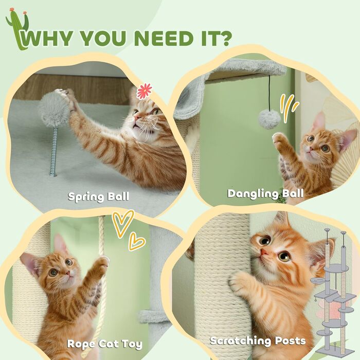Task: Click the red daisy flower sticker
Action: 144,91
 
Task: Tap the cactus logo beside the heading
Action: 18,28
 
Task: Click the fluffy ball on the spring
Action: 53,110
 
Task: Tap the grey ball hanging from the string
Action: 270,119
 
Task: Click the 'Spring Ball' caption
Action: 99,197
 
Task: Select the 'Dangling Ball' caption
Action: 266,193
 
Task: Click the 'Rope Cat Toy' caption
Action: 105,344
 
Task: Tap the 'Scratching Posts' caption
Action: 258,340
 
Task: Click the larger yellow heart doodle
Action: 122,223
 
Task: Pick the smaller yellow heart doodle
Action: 136,242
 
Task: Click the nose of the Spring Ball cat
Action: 137,117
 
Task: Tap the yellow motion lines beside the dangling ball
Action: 289,107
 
